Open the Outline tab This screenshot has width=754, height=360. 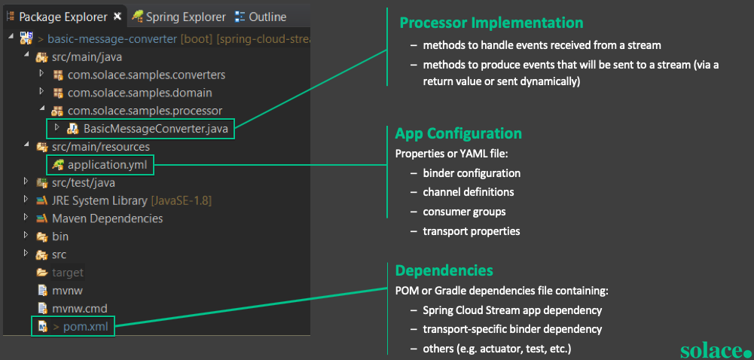267,17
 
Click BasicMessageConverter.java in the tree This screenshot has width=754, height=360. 155,129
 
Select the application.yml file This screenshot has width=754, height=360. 108,164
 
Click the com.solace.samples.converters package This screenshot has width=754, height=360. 146,75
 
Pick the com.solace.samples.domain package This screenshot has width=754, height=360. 139,93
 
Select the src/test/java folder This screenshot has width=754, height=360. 83,182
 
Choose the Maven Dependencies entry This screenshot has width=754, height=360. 107,218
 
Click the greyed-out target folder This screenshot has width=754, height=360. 67,273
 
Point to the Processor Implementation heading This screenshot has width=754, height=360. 491,23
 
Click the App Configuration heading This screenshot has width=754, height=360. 458,133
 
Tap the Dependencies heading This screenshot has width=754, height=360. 444,270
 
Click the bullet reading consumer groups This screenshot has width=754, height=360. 464,212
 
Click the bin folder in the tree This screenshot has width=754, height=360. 60,236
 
